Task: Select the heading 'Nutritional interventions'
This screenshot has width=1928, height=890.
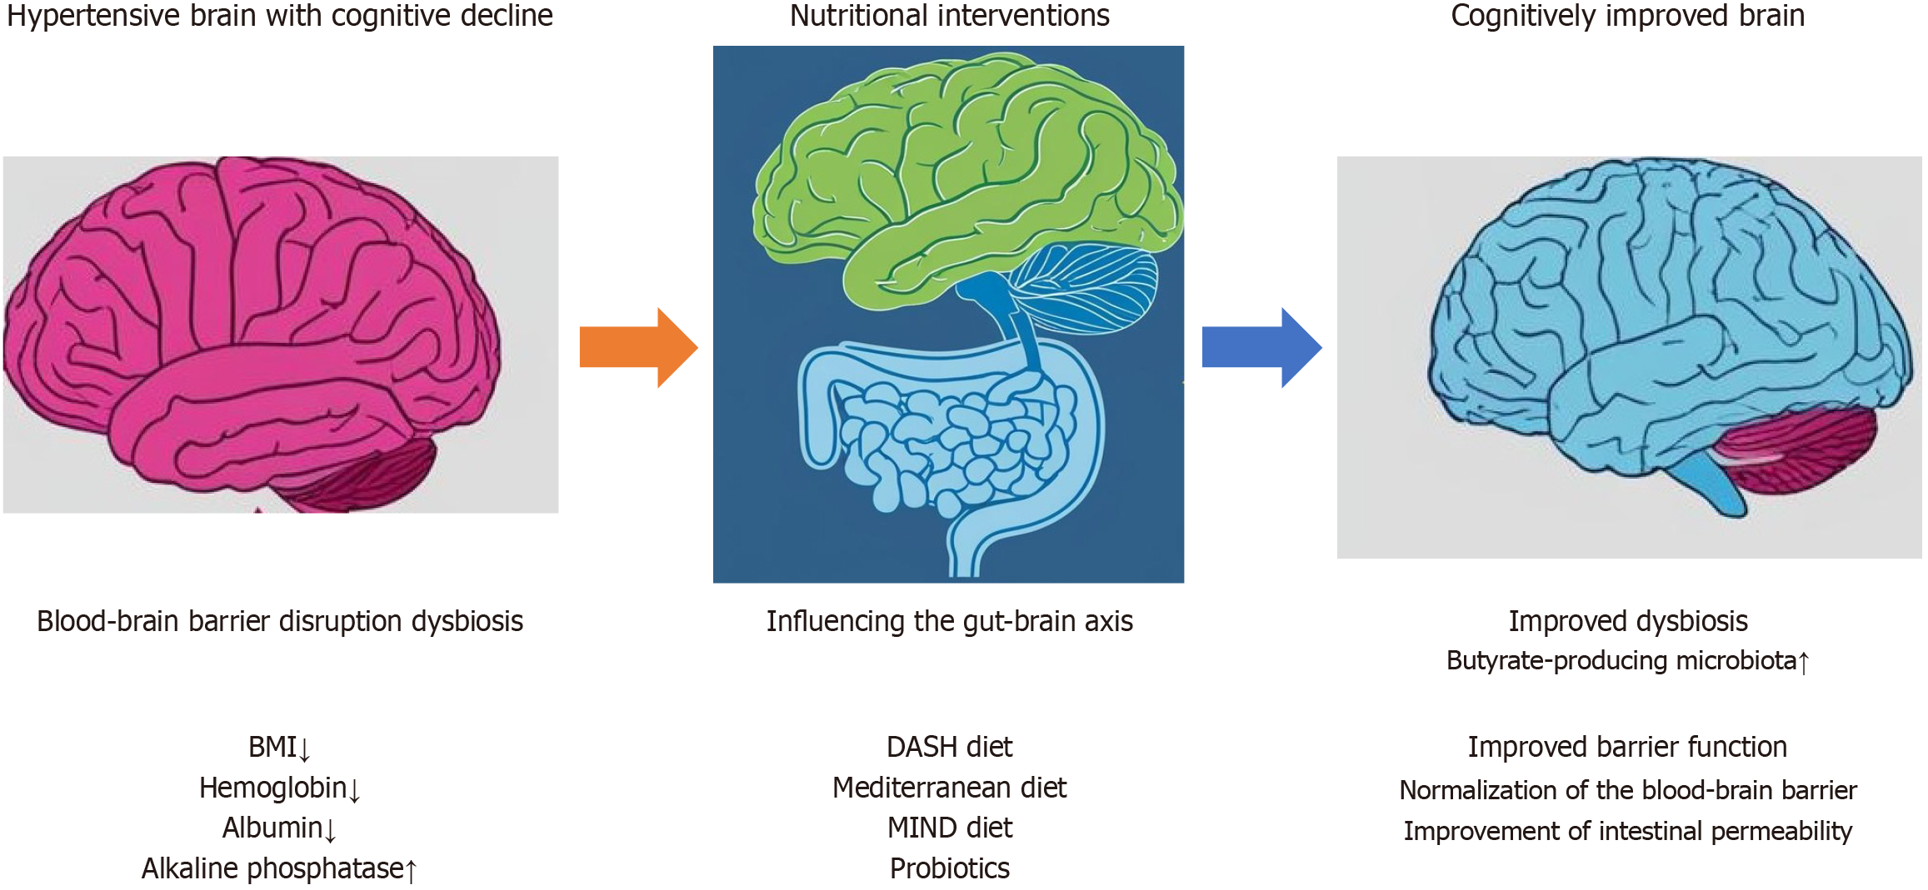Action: click(x=949, y=16)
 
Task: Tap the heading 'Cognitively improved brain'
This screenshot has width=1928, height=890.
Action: click(x=1627, y=16)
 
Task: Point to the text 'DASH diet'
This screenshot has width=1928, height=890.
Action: click(x=949, y=747)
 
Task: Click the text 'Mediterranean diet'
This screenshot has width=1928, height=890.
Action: click(x=949, y=788)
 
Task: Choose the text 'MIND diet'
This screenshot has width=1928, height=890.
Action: click(x=949, y=828)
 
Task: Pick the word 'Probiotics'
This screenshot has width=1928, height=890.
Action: click(x=949, y=868)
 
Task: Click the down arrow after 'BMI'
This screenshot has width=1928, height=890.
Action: click(x=304, y=749)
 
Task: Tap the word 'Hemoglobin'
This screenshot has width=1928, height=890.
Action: click(x=272, y=788)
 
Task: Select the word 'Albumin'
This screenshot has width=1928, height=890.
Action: click(x=272, y=828)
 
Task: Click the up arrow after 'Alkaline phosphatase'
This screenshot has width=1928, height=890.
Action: click(x=411, y=871)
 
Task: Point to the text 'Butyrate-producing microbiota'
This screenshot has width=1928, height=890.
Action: click(x=1621, y=660)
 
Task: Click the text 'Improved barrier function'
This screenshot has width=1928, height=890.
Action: click(x=1627, y=747)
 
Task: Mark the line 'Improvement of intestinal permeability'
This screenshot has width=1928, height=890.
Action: click(x=1627, y=831)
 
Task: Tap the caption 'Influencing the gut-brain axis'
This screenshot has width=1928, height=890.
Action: click(x=949, y=621)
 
